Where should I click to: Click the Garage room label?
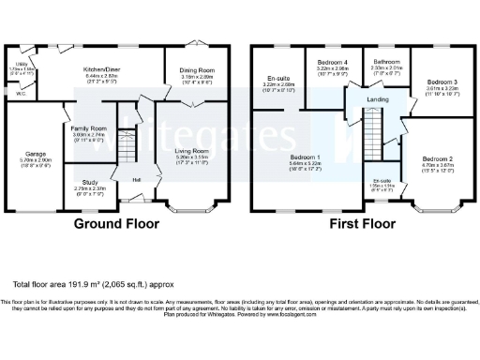coord(36,153)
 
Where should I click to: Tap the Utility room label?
coord(21,65)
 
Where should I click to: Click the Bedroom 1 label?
coord(306,157)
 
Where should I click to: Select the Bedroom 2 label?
coord(437,160)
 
